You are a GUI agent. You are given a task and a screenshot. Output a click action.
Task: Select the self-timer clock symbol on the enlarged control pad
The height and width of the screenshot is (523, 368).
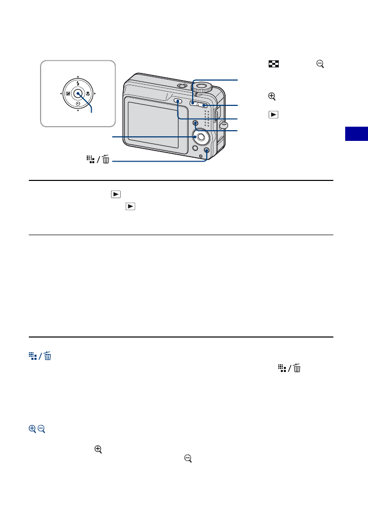tap(78, 104)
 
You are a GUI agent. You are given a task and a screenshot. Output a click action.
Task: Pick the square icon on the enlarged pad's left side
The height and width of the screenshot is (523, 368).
tap(67, 94)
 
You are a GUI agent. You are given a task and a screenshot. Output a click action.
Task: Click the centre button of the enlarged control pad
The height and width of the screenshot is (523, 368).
tap(78, 94)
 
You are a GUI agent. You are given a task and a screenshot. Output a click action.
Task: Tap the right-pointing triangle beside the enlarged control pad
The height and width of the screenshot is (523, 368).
tap(96, 94)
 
